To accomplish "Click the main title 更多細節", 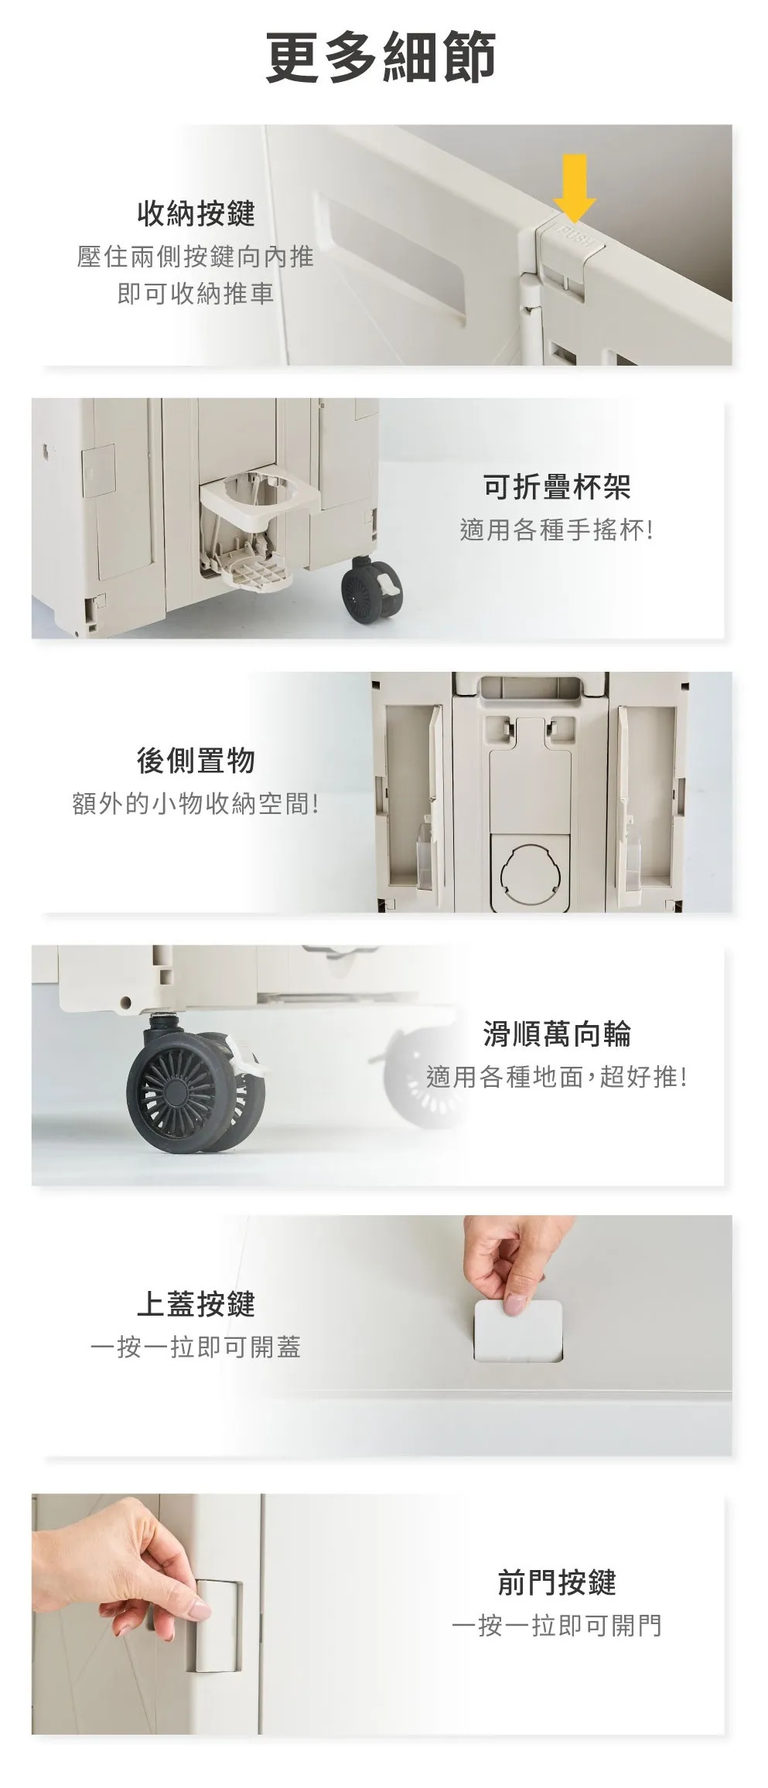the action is click(x=381, y=57).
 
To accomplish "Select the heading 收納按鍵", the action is click(x=196, y=213).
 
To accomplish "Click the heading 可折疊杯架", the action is click(x=557, y=487).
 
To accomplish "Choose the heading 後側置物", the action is click(x=196, y=761).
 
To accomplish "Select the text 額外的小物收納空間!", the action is click(x=196, y=804).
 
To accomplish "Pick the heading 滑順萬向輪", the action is click(x=557, y=1034).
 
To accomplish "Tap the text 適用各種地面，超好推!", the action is click(x=557, y=1077).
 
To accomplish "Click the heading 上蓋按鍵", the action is click(x=196, y=1304).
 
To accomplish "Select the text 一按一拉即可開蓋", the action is click(x=196, y=1347).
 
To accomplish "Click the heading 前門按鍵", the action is click(x=557, y=1582).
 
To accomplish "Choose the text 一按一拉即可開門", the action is click(x=557, y=1626).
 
